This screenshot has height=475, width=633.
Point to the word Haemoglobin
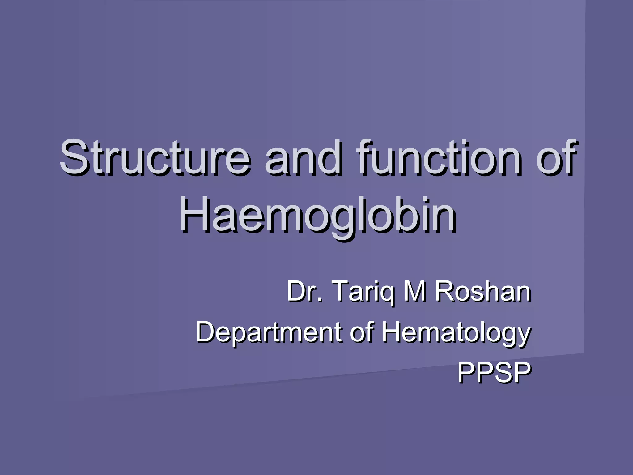point(317,215)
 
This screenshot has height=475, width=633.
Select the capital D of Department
point(206,332)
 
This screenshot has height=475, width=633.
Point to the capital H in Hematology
point(392,332)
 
